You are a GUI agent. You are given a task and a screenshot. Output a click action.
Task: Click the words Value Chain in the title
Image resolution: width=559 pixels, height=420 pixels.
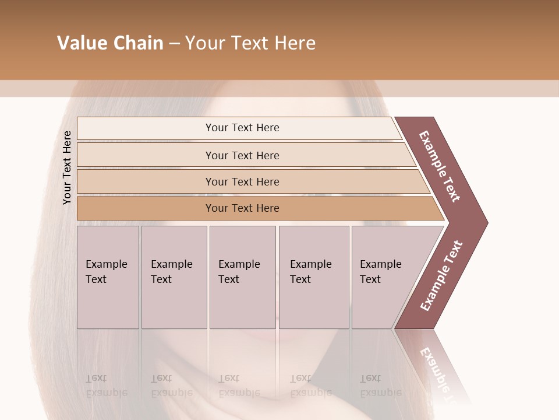[110, 43]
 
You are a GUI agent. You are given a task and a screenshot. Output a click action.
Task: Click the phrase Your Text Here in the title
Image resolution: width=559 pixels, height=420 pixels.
[250, 43]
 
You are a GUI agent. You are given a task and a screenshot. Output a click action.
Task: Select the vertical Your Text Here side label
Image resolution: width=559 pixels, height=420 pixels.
[67, 167]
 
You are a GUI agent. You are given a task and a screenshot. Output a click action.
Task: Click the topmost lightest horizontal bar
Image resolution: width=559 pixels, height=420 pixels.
[146, 128]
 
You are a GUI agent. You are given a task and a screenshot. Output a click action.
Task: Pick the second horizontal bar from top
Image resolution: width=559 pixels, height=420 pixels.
[146, 155]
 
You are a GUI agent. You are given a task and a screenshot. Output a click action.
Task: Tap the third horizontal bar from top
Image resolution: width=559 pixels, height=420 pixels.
[146, 181]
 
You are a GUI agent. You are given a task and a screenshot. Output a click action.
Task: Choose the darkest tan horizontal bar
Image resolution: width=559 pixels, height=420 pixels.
[146, 208]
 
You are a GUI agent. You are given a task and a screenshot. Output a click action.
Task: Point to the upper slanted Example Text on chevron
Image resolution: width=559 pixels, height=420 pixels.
[440, 166]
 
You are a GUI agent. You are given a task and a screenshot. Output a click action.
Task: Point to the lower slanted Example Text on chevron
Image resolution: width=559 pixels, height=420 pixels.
[441, 276]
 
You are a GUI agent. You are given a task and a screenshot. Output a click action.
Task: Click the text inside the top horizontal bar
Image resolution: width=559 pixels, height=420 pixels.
[242, 128]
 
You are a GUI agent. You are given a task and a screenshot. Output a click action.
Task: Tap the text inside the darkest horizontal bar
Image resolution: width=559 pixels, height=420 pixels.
[242, 208]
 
